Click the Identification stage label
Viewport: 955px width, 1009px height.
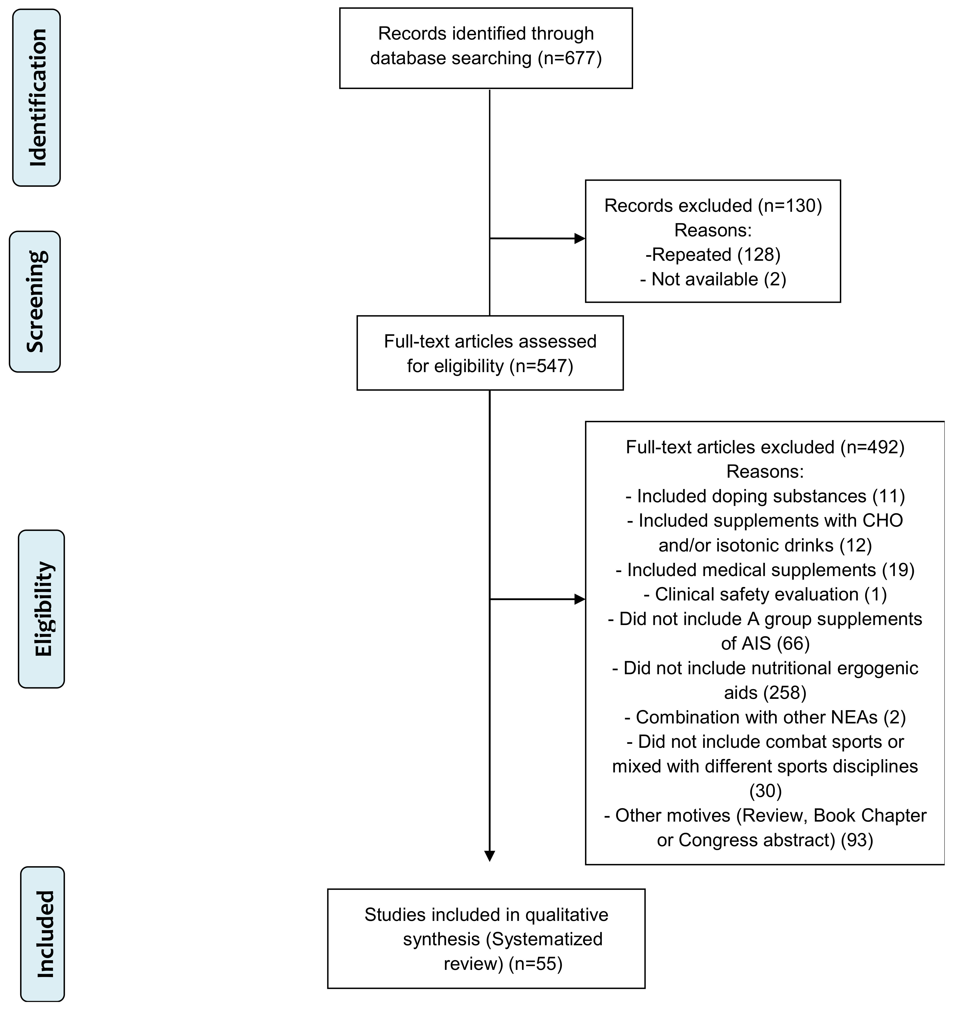coord(37,97)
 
